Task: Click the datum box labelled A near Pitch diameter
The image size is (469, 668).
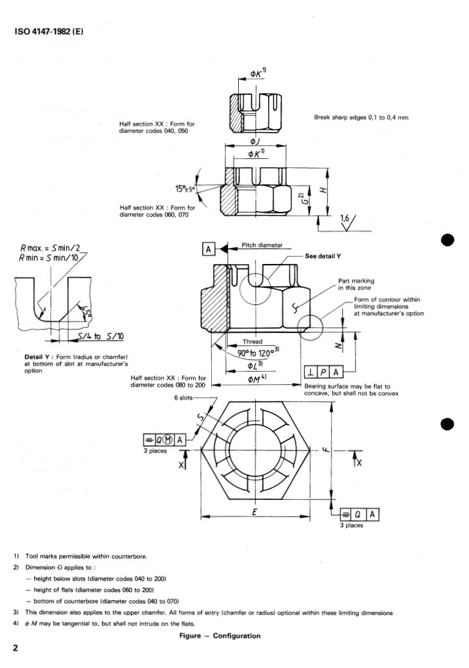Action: pyautogui.click(x=209, y=249)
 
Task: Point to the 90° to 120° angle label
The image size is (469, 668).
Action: pyautogui.click(x=257, y=353)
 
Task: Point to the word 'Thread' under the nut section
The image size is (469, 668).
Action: pyautogui.click(x=252, y=342)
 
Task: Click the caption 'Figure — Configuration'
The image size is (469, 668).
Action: pyautogui.click(x=219, y=636)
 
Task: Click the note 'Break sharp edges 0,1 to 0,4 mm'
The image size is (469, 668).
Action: pyautogui.click(x=360, y=118)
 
